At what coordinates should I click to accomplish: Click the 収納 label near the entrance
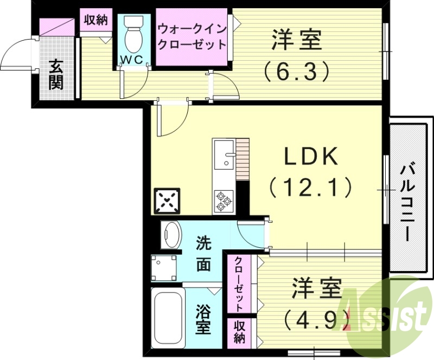(96, 20)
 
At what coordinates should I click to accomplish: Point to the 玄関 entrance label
(56, 74)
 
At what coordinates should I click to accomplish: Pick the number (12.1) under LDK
(311, 188)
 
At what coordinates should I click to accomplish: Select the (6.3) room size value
(297, 70)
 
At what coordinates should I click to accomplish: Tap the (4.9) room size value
(314, 318)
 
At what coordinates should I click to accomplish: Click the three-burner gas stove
(223, 201)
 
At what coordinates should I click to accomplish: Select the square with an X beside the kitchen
(167, 201)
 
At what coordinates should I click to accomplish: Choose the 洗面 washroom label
(203, 254)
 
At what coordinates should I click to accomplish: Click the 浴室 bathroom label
(203, 320)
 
